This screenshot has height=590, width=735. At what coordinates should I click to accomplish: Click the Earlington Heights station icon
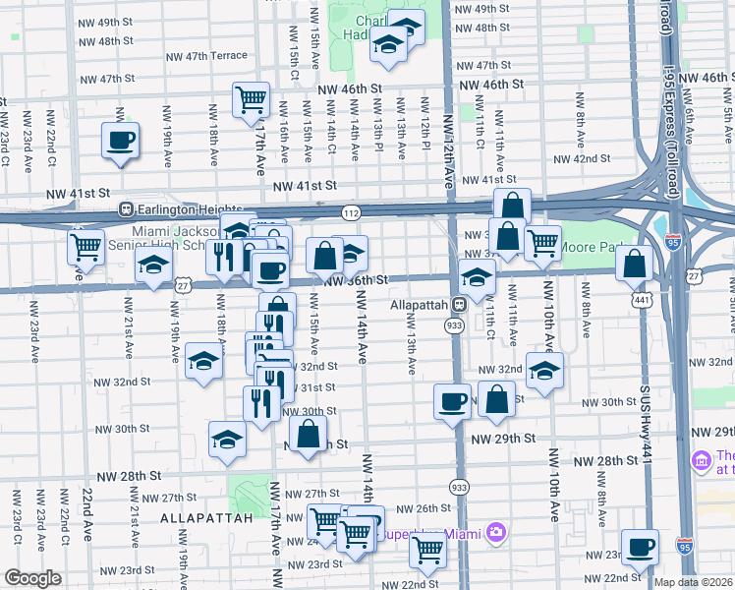125,209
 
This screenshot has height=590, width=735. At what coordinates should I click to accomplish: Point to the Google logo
32,578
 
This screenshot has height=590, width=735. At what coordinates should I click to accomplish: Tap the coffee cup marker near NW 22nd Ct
121,140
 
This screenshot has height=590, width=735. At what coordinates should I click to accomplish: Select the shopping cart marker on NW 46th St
252,100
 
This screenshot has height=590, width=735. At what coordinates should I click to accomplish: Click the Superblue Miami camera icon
496,533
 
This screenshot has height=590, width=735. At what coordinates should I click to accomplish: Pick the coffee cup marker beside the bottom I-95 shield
641,545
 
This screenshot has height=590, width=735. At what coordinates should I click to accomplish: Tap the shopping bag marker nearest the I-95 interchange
636,263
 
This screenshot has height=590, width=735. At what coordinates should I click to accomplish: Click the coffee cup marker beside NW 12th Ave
452,401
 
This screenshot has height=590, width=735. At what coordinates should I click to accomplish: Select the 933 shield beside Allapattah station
455,324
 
